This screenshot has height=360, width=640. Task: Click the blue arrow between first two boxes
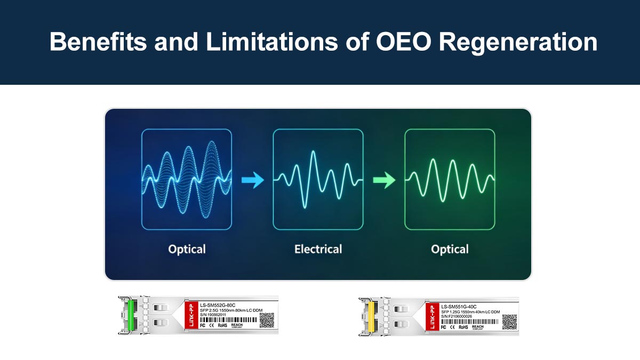[252, 181]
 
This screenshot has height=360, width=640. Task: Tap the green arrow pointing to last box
[383, 181]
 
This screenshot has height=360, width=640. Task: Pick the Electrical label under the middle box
[318, 249]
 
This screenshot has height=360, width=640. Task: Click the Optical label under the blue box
[187, 249]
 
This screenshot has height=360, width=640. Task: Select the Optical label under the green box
[450, 249]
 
